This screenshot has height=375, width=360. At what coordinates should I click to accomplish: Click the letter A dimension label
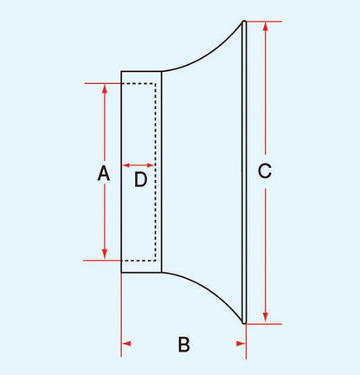point(104,173)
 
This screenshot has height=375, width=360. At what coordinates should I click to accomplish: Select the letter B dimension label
point(183,344)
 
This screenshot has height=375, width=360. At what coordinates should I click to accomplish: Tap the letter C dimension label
point(265,171)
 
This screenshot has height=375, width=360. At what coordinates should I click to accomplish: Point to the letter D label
point(141,179)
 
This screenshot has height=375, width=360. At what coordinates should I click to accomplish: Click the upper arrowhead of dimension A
point(105,88)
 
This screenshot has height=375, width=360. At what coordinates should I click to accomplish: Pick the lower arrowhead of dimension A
point(105,255)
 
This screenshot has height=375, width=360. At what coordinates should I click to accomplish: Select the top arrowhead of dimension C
point(266,27)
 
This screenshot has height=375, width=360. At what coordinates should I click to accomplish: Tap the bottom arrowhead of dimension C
point(266,318)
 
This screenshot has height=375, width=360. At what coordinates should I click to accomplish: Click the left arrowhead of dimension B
point(126,344)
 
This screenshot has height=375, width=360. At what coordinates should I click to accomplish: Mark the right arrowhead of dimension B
point(241,344)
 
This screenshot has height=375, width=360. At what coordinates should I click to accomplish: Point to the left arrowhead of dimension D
point(126,165)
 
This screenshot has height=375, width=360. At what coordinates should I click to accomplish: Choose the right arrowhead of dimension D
point(151,165)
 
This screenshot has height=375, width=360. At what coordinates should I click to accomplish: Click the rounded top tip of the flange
point(244,22)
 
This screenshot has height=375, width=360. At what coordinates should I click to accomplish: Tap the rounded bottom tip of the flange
point(244,322)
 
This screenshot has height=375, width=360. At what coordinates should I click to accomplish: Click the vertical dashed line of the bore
point(156,172)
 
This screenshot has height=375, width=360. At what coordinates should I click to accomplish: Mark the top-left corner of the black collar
point(121,71)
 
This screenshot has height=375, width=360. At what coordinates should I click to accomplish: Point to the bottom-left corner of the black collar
point(121,272)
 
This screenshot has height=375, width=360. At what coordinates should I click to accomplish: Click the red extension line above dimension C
point(264,22)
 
